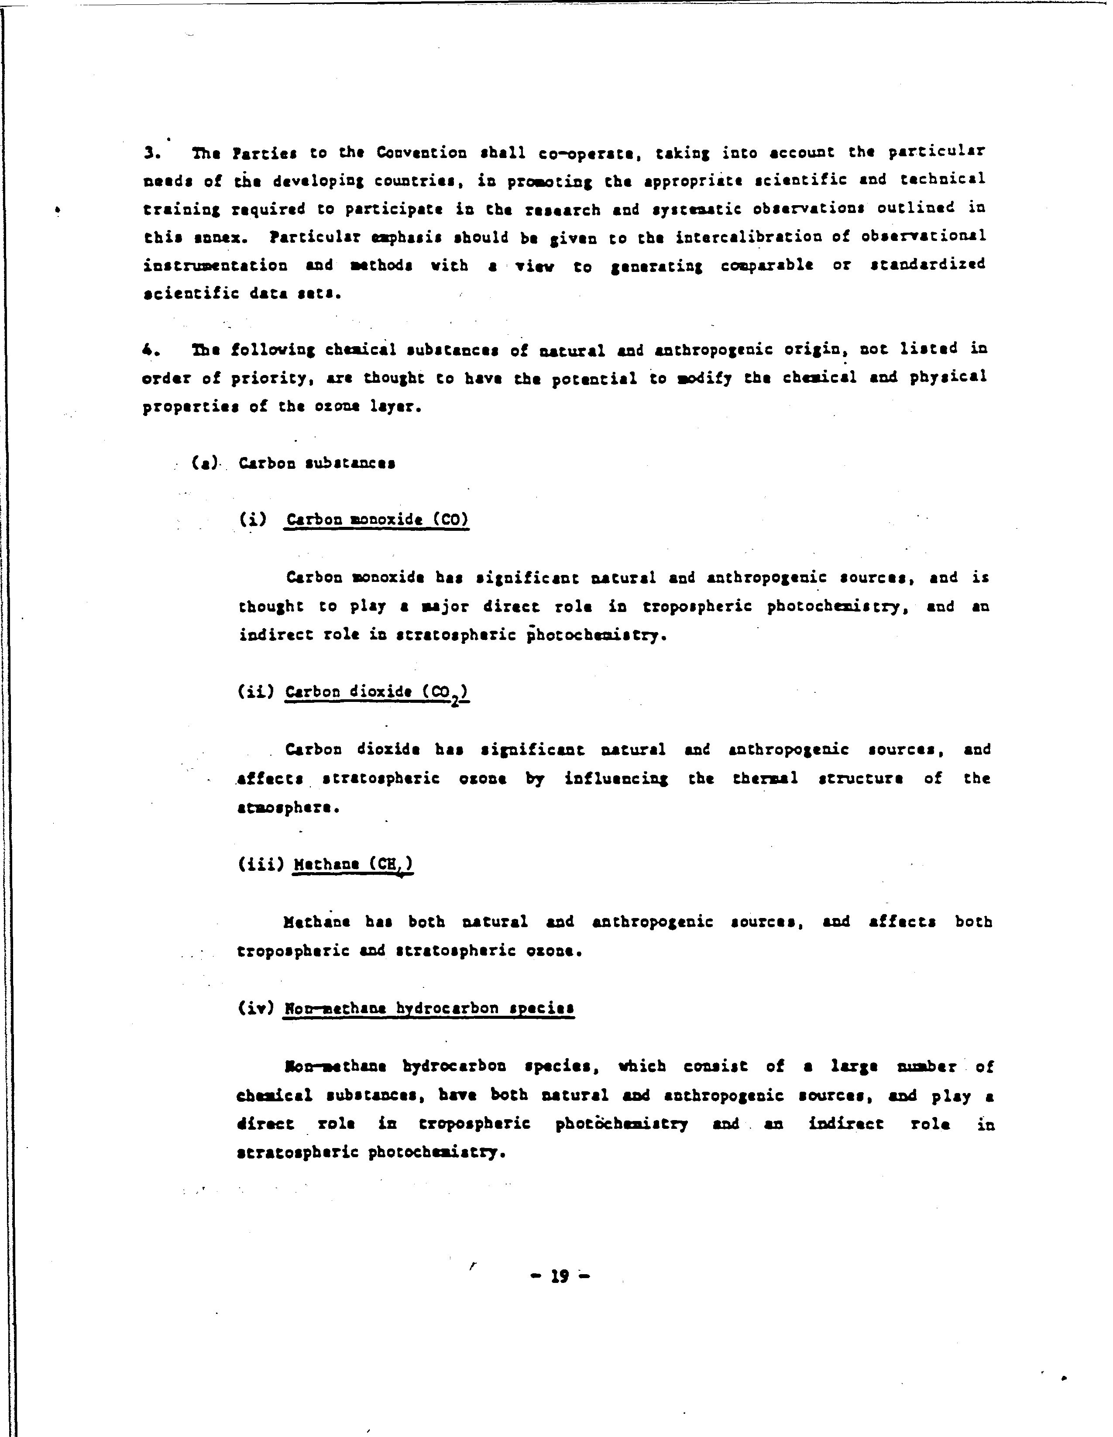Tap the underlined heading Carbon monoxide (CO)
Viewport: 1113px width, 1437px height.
tap(377, 520)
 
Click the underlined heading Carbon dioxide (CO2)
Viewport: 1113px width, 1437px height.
tap(377, 692)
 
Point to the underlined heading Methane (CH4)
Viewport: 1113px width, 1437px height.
tap(353, 865)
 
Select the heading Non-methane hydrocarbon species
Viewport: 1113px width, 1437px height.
tap(429, 1009)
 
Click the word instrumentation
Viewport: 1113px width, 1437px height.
tap(215, 266)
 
